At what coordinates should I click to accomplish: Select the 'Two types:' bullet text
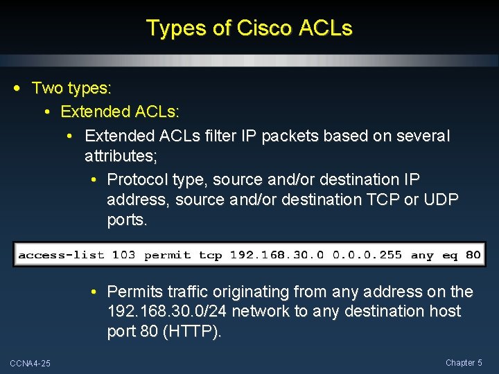72,89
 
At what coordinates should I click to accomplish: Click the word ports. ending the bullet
128,221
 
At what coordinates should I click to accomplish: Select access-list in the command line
62,255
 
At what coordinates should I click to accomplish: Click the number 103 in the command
123,255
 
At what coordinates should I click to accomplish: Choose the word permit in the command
167,255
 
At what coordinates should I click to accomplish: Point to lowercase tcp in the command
211,255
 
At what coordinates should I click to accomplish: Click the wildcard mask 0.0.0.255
367,255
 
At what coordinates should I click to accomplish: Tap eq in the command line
450,255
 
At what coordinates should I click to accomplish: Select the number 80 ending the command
473,255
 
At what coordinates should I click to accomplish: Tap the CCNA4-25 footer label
30,364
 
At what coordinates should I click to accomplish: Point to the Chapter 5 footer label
464,363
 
